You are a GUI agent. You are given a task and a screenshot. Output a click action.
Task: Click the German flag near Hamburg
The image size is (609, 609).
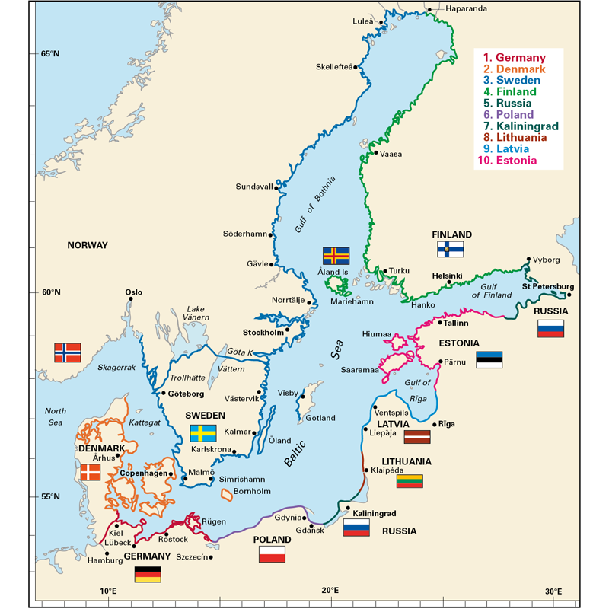coord(148,575)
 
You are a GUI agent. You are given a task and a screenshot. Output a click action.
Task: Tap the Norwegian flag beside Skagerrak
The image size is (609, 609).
coord(67,352)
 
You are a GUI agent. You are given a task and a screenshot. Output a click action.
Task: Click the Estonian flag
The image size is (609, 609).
coord(489,359)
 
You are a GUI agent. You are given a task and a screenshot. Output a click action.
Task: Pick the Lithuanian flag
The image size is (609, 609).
coord(410,480)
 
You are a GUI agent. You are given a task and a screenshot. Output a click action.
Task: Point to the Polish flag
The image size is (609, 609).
coord(272,554)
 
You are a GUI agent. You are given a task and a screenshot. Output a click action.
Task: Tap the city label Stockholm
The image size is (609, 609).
coord(263,333)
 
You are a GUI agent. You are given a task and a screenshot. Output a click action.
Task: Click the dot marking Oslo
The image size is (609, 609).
coord(131,299)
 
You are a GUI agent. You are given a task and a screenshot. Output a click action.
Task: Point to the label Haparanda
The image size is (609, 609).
coord(460,9)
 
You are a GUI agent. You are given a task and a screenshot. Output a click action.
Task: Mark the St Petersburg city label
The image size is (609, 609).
coord(547,286)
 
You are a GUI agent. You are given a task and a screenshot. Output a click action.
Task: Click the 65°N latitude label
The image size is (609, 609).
coord(49,53)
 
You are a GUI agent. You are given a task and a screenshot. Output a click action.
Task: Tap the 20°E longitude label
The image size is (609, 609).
coord(330,591)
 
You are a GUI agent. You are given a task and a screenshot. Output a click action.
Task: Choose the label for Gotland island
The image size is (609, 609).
coord(320,419)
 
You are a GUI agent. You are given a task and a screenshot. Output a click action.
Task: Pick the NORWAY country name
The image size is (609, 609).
coord(88,245)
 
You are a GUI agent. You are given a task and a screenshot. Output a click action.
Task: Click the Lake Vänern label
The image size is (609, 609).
coord(196,314)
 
